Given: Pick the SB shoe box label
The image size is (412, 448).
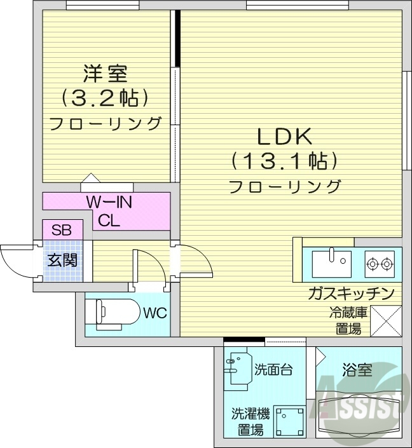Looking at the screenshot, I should [x=62, y=230].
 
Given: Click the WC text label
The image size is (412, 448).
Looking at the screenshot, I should [x=153, y=313].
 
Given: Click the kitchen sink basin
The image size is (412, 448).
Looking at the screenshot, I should [x=331, y=261].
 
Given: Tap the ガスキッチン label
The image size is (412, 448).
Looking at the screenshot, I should [x=350, y=293].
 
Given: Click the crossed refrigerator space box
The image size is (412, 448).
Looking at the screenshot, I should [x=386, y=321].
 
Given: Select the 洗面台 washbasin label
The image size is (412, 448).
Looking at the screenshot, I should [x=273, y=370].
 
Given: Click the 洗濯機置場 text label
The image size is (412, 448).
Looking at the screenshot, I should [x=249, y=422].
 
